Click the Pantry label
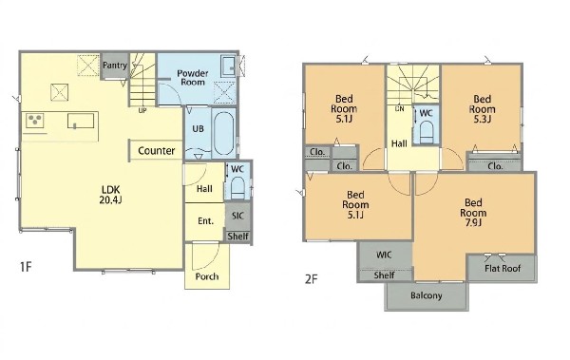[115, 66]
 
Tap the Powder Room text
[193, 78]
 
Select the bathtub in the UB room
[223, 133]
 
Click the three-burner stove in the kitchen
[35, 121]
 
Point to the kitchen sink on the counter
[81, 121]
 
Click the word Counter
[157, 150]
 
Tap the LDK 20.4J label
[111, 195]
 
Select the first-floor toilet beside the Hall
[237, 188]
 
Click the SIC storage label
[237, 216]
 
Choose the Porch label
[207, 276]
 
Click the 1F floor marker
[26, 267]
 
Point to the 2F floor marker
[312, 279]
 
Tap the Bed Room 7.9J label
[473, 213]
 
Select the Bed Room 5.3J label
[482, 109]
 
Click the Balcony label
[426, 295]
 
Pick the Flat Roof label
[503, 269]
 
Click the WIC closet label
[384, 255]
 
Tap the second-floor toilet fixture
[427, 133]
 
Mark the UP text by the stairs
[142, 110]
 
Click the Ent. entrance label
[205, 221]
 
